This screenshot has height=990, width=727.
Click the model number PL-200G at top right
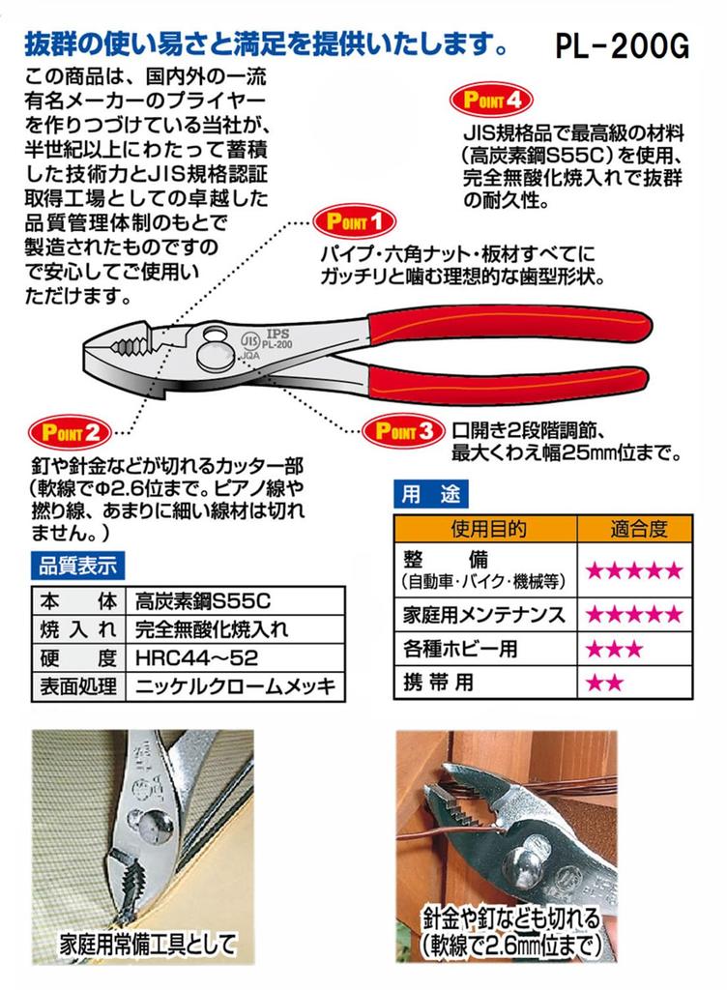[622, 45]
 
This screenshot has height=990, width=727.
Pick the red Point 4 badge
[492, 99]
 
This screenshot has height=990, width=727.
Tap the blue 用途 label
[429, 493]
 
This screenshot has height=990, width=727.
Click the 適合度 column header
[639, 529]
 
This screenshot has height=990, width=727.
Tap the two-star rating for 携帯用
[605, 684]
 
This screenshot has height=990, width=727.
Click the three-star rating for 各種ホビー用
[613, 649]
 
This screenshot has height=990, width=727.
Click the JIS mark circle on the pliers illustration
[249, 340]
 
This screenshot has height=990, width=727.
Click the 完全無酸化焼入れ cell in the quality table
[213, 629]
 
